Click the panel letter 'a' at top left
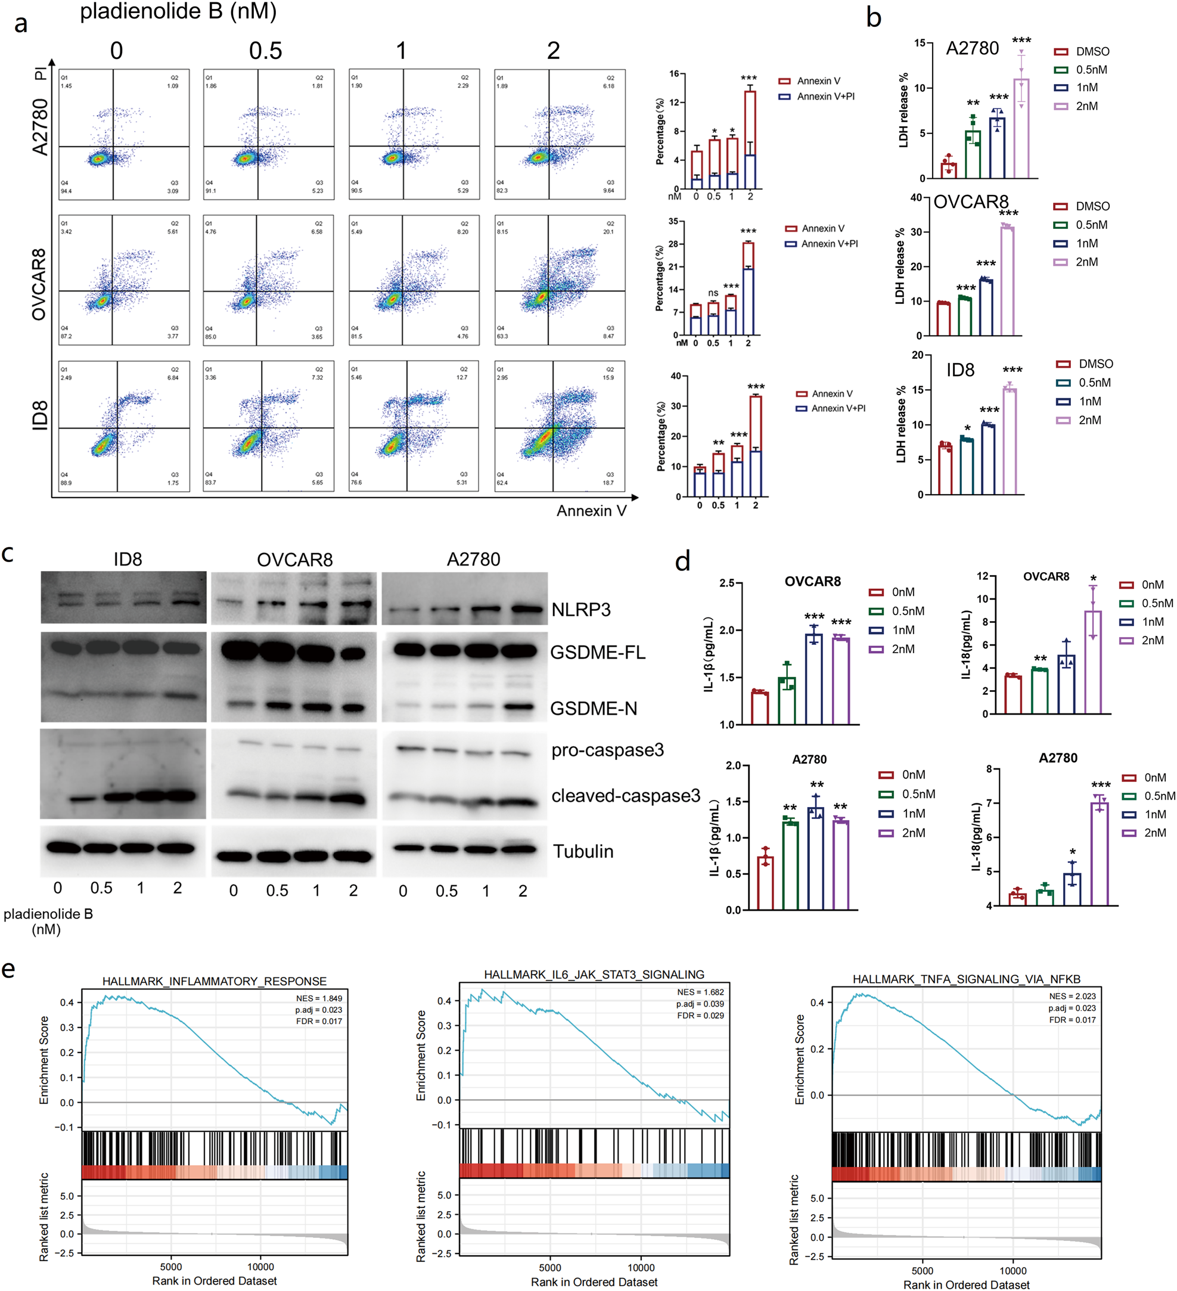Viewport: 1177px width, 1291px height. pyautogui.click(x=20, y=24)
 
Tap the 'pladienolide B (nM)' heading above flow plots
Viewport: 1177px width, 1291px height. pyautogui.click(x=178, y=11)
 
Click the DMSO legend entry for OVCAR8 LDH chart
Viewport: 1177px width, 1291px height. pyautogui.click(x=1092, y=206)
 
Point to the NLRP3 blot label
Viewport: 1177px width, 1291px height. pyautogui.click(x=581, y=609)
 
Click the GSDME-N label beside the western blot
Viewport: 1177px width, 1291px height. pyautogui.click(x=594, y=708)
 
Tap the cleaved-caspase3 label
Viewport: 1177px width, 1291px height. pyautogui.click(x=625, y=795)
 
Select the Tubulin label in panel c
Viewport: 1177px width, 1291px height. pyautogui.click(x=583, y=851)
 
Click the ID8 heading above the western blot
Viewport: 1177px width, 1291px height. pyautogui.click(x=128, y=559)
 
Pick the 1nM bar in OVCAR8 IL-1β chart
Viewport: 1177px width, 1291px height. pyautogui.click(x=814, y=679)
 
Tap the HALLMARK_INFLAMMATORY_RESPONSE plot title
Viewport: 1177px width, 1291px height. pyautogui.click(x=215, y=981)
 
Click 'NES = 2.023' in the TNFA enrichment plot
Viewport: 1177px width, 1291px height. pyautogui.click(x=1072, y=997)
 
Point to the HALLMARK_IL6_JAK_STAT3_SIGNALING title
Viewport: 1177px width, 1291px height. pyautogui.click(x=594, y=975)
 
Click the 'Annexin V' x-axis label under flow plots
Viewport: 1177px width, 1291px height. pyautogui.click(x=591, y=510)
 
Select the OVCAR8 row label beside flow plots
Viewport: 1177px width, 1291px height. pyautogui.click(x=39, y=284)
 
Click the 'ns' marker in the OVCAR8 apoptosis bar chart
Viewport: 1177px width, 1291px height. pyautogui.click(x=713, y=293)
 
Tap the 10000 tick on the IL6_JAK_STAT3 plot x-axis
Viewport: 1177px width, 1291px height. pyautogui.click(x=641, y=1267)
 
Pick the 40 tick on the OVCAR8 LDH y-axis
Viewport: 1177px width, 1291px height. pyautogui.click(x=916, y=197)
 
